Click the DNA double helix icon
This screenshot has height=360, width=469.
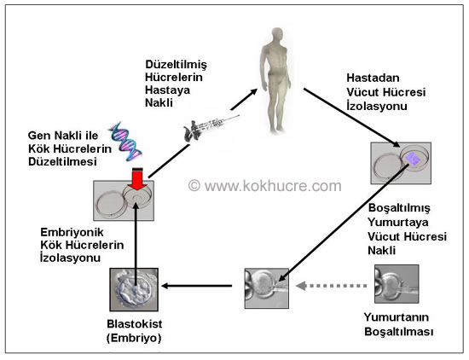click(125, 142)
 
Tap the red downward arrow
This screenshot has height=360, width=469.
click(137, 179)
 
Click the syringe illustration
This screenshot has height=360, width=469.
click(211, 127)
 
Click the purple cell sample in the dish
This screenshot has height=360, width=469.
click(413, 159)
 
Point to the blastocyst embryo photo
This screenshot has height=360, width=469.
click(134, 290)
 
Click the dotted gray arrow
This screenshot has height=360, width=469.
click(331, 286)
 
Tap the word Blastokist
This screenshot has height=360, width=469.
click(135, 324)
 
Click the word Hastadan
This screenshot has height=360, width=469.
click(373, 78)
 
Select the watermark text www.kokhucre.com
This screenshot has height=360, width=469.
click(273, 186)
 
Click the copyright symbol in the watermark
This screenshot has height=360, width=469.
click(194, 185)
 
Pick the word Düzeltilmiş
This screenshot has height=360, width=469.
click(177, 65)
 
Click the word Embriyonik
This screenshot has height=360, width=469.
click(72, 232)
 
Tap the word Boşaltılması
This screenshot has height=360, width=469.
click(399, 332)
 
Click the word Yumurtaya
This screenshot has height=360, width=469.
click(398, 223)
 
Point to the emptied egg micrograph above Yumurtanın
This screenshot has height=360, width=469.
click(397, 284)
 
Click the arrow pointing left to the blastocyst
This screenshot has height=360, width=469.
click(197, 286)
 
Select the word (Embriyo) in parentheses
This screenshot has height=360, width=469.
click(134, 338)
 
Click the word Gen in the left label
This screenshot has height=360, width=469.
click(40, 136)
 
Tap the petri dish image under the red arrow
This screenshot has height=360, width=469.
click(124, 200)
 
